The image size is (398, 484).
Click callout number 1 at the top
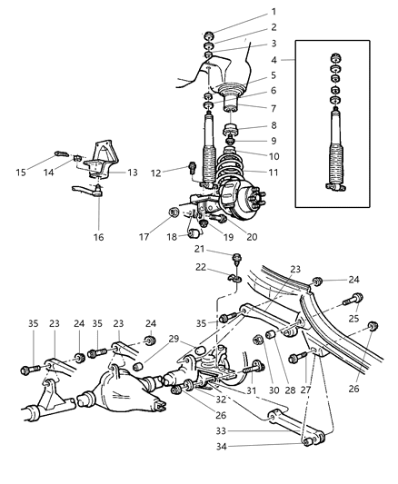[x=272, y=12]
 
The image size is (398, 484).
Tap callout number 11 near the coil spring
[x=273, y=170]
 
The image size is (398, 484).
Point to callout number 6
[x=273, y=92]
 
